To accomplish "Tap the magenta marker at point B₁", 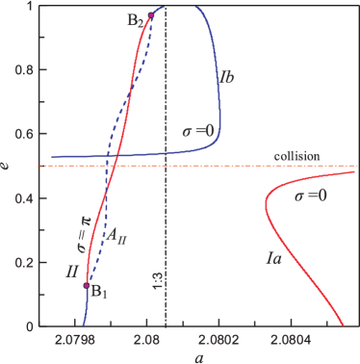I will (x=87, y=286).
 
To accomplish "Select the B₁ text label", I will (x=98, y=293).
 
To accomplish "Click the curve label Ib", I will (x=227, y=75).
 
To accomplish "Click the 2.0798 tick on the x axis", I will (x=73, y=340).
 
